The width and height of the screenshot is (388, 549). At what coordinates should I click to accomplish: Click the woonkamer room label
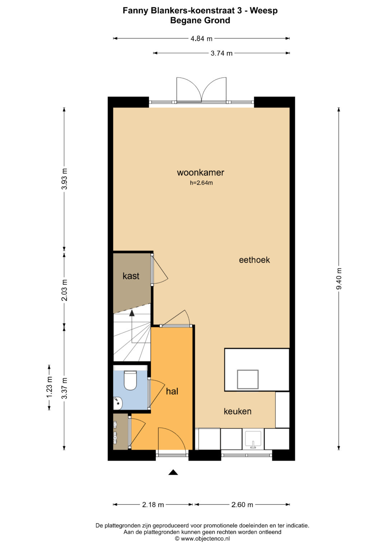(200, 173)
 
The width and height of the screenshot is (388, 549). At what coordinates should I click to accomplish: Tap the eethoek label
(254, 260)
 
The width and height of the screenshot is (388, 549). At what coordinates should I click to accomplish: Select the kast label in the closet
(131, 276)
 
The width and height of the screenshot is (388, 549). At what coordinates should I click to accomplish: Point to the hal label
(172, 392)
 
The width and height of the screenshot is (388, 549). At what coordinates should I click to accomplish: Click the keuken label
(237, 411)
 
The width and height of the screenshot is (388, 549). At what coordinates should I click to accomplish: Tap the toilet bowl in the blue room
(130, 380)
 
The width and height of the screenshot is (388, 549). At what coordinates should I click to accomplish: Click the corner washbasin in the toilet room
(118, 403)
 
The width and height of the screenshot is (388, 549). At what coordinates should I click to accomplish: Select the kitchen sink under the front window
(253, 439)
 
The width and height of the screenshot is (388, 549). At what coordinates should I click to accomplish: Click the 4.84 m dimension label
(201, 39)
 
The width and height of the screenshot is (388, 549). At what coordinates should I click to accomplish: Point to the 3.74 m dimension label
(221, 53)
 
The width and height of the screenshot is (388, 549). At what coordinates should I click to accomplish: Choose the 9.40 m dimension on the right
(339, 279)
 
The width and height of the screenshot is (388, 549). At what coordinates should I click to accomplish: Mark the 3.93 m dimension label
(64, 179)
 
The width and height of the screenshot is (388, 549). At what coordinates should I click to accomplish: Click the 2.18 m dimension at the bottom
(153, 505)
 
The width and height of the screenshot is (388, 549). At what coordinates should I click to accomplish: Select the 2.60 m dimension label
(242, 505)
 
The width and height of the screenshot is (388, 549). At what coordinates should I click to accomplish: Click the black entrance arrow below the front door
(173, 472)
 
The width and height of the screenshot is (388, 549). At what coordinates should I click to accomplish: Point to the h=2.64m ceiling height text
(201, 183)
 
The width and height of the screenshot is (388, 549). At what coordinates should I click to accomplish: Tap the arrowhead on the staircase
(132, 312)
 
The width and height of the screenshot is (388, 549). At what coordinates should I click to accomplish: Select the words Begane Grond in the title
(200, 20)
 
